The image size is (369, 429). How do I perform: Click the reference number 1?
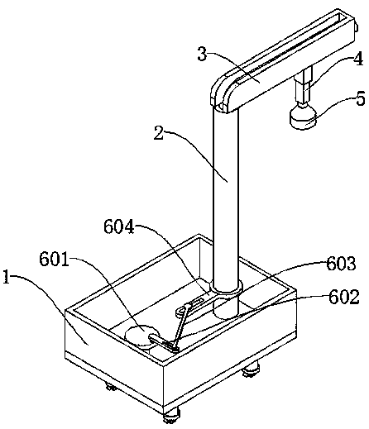tap(7, 277)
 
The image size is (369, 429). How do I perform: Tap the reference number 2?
tap(159, 133)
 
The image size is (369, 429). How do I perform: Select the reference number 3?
tap(202, 54)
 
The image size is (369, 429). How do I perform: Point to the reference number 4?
tap(358, 59)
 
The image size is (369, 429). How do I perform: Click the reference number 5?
tap(361, 98)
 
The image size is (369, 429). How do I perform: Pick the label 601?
tap(54, 259)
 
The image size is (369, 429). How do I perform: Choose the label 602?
tap(344, 297)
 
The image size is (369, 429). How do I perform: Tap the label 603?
tap(341, 263)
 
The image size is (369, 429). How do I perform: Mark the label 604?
tap(119, 226)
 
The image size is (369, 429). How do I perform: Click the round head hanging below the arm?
tap(303, 117)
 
